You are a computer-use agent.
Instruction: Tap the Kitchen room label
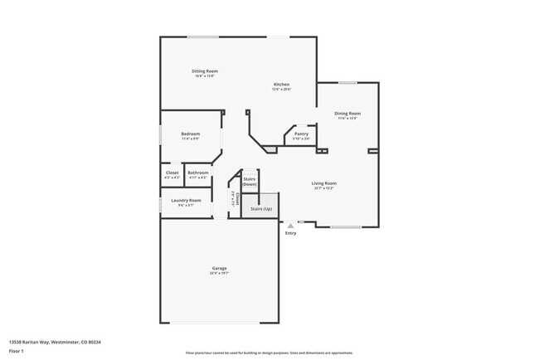(282, 84)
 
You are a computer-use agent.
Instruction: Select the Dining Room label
(347, 113)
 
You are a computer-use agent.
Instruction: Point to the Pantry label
(302, 134)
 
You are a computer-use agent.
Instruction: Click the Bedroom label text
(191, 134)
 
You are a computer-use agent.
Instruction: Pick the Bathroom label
(197, 173)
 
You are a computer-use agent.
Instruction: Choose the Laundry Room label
(186, 200)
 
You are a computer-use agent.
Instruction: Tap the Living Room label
(323, 183)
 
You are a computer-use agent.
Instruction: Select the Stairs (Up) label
(259, 209)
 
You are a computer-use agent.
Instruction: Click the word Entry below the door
(290, 233)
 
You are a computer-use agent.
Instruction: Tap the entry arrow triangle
(290, 225)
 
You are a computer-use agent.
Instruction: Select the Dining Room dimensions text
(347, 118)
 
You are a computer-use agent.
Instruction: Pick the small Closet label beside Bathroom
(172, 173)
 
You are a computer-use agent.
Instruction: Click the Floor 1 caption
(15, 351)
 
